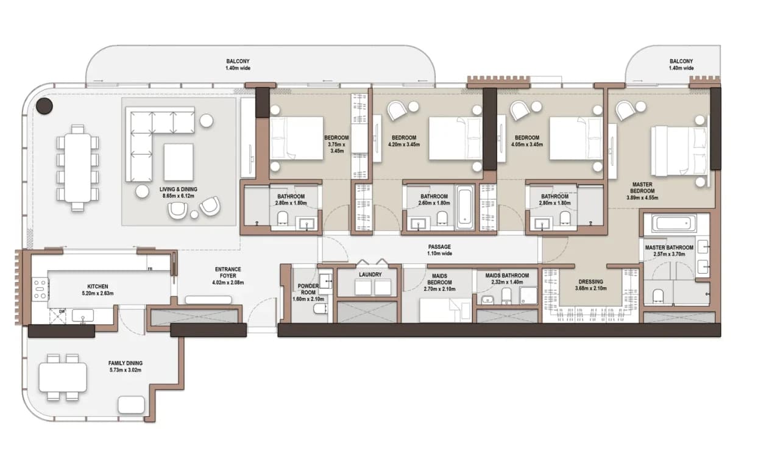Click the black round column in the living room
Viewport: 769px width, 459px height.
(x=44, y=105)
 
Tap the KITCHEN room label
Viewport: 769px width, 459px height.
(x=98, y=286)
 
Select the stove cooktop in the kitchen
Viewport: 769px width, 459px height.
(x=40, y=289)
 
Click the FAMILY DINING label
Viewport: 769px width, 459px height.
(x=126, y=363)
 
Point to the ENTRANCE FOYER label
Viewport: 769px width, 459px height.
(x=228, y=272)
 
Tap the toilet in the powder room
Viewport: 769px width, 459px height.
(x=319, y=308)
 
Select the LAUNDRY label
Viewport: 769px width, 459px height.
(x=370, y=275)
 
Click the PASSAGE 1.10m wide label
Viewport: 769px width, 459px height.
(x=439, y=250)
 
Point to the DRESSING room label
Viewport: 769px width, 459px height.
(x=590, y=282)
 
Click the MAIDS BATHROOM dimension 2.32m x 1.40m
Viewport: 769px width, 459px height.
(x=507, y=282)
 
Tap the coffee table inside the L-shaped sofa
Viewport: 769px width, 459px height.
(x=178, y=162)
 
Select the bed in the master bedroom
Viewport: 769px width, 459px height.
(x=679, y=152)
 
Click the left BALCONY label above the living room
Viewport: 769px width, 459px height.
(x=238, y=61)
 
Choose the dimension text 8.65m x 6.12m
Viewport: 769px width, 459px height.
(x=178, y=196)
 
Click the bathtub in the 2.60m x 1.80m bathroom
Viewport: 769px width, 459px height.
(x=465, y=208)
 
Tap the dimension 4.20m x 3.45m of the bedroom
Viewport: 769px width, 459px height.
(x=404, y=144)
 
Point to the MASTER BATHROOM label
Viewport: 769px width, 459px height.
(x=668, y=247)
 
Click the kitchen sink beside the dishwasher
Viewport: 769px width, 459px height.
(x=82, y=316)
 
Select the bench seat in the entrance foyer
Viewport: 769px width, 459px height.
(x=208, y=300)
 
